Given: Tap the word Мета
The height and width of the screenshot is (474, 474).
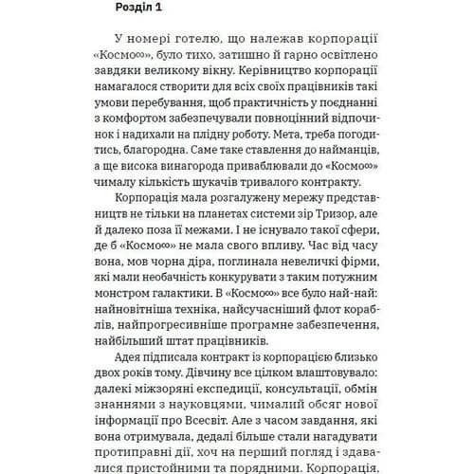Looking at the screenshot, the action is [314, 140].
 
